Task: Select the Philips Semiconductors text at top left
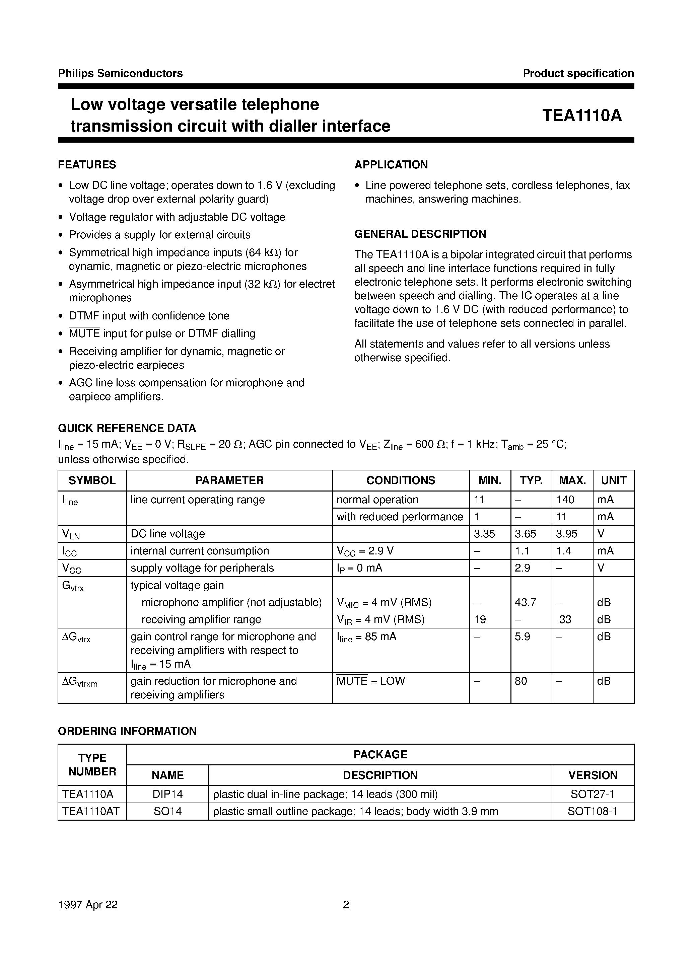(120, 73)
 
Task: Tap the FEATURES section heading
(87, 165)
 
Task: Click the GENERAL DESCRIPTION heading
(420, 234)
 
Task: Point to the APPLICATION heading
(391, 165)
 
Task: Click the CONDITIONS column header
(400, 480)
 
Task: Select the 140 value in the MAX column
(565, 500)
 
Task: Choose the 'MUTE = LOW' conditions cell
(370, 681)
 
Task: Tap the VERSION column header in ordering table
(593, 775)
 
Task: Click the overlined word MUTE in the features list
(84, 333)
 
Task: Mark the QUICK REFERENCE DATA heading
(127, 428)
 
